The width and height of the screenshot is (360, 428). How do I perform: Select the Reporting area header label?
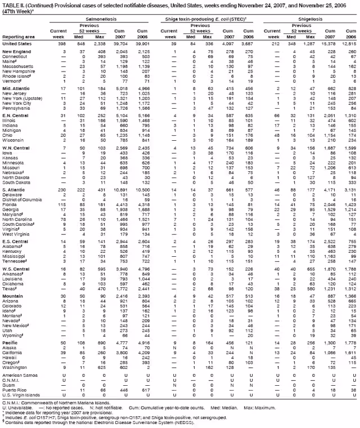[x=17, y=36]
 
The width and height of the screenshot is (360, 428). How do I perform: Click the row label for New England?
[x=16, y=51]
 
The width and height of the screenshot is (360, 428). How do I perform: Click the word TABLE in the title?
[x=11, y=4]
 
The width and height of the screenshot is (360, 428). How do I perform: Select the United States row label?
[x=17, y=43]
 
